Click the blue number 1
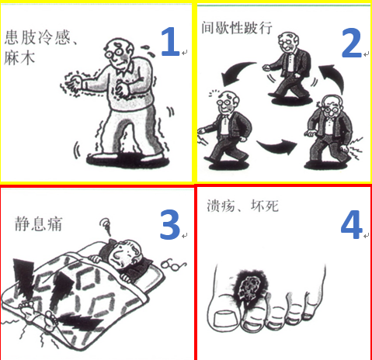[170, 42]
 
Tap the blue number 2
[351, 43]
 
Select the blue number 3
[170, 224]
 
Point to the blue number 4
[351, 224]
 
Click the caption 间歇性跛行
[237, 27]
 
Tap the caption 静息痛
[38, 224]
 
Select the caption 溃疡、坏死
[242, 206]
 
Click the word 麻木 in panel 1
[19, 57]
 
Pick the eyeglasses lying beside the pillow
[173, 265]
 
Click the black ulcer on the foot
[249, 288]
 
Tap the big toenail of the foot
[226, 319]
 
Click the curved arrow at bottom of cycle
[277, 146]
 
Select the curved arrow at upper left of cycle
[236, 73]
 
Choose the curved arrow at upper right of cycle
[335, 78]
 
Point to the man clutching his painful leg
[329, 132]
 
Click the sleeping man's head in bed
[126, 254]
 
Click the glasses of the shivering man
[114, 54]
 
